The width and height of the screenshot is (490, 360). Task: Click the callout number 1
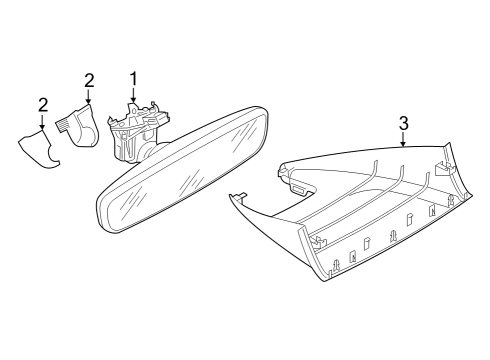133,79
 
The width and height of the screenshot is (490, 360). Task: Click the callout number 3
403,123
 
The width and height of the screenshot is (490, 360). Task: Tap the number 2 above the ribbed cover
89,81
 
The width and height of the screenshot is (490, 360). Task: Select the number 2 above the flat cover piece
43,105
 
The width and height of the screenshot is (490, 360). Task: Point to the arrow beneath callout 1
133,95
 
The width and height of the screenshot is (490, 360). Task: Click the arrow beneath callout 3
403,139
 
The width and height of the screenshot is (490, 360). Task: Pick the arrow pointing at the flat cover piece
42,122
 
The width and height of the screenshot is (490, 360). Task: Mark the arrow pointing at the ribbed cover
88,97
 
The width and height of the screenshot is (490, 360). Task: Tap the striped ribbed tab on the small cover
63,126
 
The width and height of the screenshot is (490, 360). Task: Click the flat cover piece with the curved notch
38,148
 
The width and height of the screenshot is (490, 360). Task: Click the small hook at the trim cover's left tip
241,195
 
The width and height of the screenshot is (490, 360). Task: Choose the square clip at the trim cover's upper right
444,168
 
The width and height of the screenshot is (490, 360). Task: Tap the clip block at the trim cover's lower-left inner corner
319,242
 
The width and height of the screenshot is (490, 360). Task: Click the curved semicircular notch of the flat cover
53,156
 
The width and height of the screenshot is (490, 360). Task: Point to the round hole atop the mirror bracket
133,108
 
